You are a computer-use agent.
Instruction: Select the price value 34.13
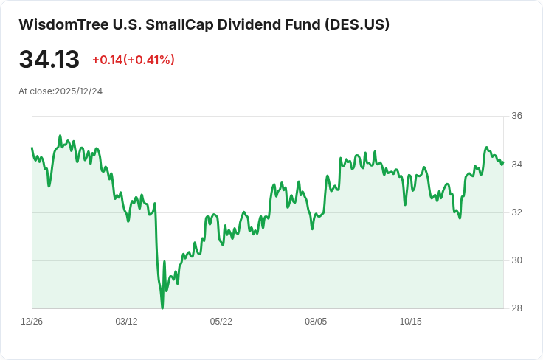(49, 60)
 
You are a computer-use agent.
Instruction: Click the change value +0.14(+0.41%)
(134, 60)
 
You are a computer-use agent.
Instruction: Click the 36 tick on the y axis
(516, 116)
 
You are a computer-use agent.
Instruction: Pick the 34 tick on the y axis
(516, 164)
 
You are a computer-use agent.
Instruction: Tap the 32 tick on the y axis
(516, 212)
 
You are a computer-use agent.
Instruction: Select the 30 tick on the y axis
(516, 260)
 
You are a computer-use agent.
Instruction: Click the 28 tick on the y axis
(516, 308)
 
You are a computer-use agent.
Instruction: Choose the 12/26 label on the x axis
(32, 322)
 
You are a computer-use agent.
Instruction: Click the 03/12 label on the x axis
(126, 322)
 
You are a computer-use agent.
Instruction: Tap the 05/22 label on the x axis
(221, 322)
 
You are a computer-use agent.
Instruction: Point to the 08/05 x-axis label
(316, 322)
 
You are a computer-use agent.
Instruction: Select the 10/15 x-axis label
(410, 322)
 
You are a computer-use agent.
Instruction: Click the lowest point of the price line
(162, 308)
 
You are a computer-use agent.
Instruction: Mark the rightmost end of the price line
(503, 162)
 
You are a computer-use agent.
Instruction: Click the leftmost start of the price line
(32, 148)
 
